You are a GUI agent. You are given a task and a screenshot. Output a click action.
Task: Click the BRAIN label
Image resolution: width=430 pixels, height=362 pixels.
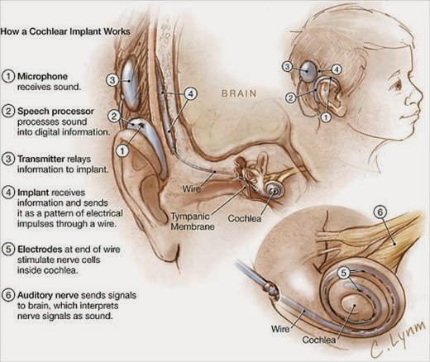pos(239,93)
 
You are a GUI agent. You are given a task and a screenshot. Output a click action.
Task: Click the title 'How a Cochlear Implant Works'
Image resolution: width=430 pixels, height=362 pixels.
pos(65,31)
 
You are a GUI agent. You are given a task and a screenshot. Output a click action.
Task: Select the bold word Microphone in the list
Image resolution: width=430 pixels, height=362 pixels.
pos(42,76)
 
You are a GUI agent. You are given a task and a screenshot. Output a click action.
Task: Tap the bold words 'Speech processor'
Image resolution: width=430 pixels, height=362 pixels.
pos(55,112)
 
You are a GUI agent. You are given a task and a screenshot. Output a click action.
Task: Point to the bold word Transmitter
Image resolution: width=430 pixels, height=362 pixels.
pos(41,159)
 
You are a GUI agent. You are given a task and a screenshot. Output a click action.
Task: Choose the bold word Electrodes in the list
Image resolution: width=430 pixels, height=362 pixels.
pos(40,250)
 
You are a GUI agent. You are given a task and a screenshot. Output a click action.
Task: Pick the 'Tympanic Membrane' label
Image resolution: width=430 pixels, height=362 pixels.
pos(193,221)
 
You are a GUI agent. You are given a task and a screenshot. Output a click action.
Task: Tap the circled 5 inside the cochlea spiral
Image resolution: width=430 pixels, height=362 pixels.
pos(344,273)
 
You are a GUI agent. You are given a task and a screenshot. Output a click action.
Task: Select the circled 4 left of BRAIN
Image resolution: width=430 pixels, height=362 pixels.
pos(190,94)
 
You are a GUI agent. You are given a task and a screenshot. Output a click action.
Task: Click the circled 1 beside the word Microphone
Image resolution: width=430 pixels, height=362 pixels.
pos(8,76)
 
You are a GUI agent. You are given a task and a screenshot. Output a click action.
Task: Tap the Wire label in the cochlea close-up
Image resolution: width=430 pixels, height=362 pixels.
pos(280,329)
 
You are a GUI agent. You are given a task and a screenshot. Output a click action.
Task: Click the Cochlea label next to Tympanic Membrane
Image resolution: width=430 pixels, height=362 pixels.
pos(245,218)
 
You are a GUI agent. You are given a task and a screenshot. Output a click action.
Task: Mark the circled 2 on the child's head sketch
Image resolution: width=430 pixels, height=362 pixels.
pos(290,98)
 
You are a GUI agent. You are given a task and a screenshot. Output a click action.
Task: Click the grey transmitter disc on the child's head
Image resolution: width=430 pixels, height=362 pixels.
pos(308,71)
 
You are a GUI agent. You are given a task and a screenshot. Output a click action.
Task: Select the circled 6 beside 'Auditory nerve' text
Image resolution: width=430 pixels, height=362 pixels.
pos(8,295)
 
